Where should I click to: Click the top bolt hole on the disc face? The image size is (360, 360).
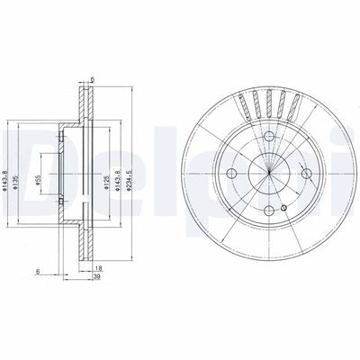click(x=268, y=132)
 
